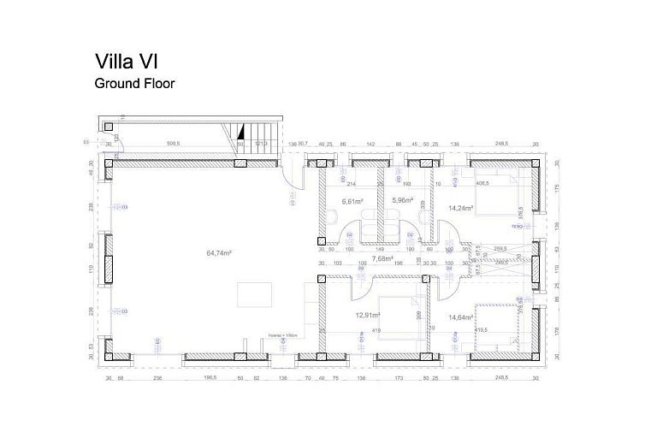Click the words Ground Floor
(134, 85)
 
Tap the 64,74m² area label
(219, 253)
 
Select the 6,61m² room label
(352, 202)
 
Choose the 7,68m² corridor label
(382, 259)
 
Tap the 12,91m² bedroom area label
(368, 316)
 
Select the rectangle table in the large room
(255, 293)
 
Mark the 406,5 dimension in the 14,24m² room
(482, 182)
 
